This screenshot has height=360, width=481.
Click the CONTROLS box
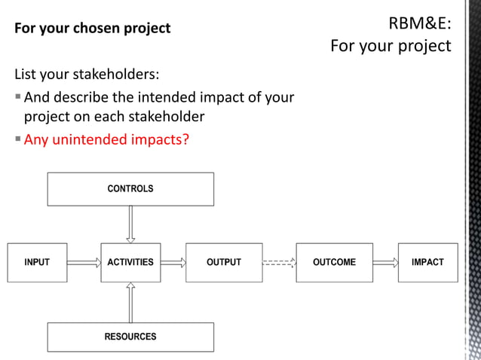coord(130,189)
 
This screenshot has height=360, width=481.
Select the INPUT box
coord(37,262)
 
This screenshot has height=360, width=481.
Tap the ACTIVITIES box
coord(130,262)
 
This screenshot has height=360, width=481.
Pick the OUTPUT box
coord(224,262)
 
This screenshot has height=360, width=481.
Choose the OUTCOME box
coord(334,262)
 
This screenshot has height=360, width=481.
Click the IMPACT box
coord(427,262)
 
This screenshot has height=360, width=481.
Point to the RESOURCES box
coord(130,337)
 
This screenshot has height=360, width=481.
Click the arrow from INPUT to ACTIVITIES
coord(84,263)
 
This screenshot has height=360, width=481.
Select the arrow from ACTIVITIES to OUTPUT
coord(173,263)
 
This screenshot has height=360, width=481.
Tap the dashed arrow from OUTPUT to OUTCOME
coord(279,263)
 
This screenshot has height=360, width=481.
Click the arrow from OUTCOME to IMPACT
coord(385,263)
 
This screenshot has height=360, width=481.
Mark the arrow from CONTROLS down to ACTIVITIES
coord(130,224)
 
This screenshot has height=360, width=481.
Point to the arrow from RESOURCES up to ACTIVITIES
coord(130,302)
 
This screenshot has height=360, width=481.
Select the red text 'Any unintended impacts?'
coord(106,139)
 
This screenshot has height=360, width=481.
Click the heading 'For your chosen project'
coord(93,29)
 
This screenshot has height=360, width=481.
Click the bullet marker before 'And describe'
coord(18,97)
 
